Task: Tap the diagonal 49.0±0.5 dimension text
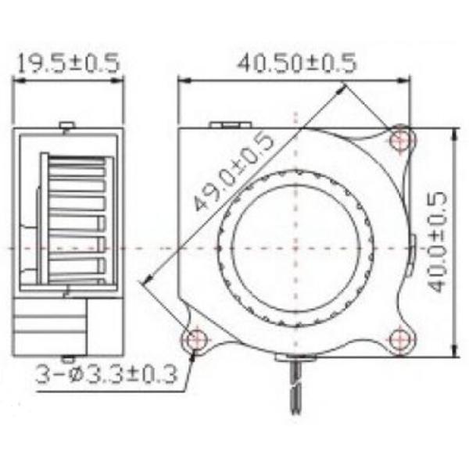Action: pos(234,173)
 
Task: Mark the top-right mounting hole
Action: pos(402,141)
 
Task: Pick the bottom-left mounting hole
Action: pos(194,338)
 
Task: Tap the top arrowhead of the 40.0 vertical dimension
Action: pos(454,131)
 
